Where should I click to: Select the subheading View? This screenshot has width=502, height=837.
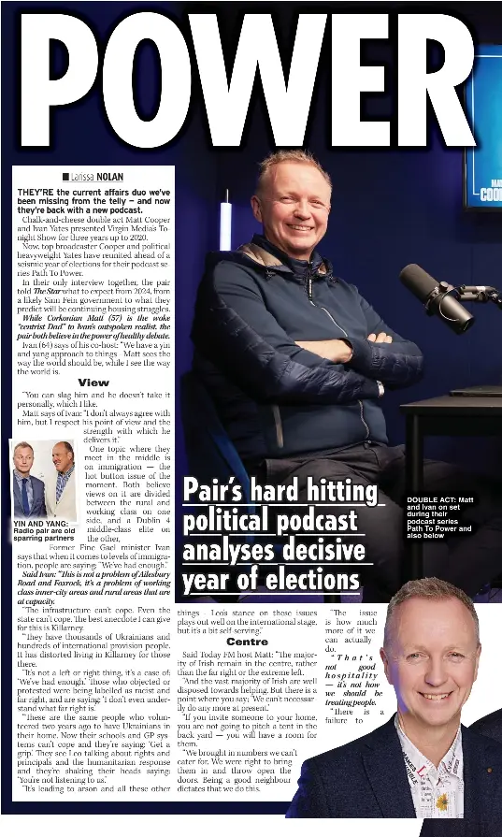[93, 382]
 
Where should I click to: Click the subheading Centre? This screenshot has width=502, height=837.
[247, 642]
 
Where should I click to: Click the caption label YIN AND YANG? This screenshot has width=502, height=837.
[41, 524]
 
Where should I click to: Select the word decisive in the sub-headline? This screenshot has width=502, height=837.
[318, 551]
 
